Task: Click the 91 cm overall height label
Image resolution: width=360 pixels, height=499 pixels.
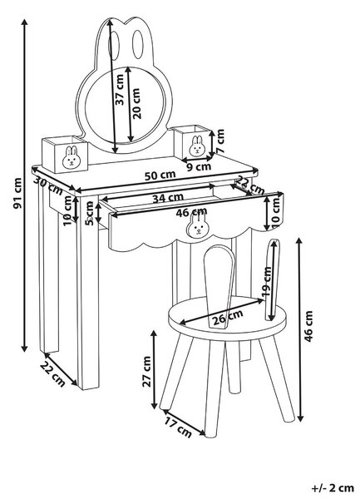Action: (x=17, y=194)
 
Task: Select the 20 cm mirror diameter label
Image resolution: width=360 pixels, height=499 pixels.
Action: (x=136, y=103)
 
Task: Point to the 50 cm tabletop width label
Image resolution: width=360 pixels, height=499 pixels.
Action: (x=160, y=175)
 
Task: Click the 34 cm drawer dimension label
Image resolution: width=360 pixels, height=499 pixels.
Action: (x=168, y=198)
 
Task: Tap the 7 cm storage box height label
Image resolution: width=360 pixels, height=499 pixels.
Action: (x=219, y=141)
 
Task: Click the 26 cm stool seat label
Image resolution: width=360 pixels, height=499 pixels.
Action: (x=228, y=318)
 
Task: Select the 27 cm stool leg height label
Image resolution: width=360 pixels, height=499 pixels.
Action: (x=146, y=372)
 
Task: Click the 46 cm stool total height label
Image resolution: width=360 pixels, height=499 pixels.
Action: (x=308, y=327)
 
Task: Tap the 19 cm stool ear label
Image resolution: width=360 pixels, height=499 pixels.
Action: (x=267, y=282)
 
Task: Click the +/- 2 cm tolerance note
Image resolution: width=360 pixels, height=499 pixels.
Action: (x=333, y=488)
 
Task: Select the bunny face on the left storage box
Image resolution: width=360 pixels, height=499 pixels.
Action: (x=71, y=157)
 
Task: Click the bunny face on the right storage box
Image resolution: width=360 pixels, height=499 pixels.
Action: (x=197, y=146)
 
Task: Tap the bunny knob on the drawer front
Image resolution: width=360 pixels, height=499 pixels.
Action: (x=196, y=225)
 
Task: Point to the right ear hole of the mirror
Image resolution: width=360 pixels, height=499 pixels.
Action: (x=138, y=45)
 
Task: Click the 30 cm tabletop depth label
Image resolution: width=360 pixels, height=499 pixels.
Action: (x=48, y=185)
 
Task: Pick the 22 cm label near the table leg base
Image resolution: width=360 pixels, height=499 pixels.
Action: (x=52, y=374)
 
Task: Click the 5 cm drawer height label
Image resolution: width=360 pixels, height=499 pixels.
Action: (x=91, y=214)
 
